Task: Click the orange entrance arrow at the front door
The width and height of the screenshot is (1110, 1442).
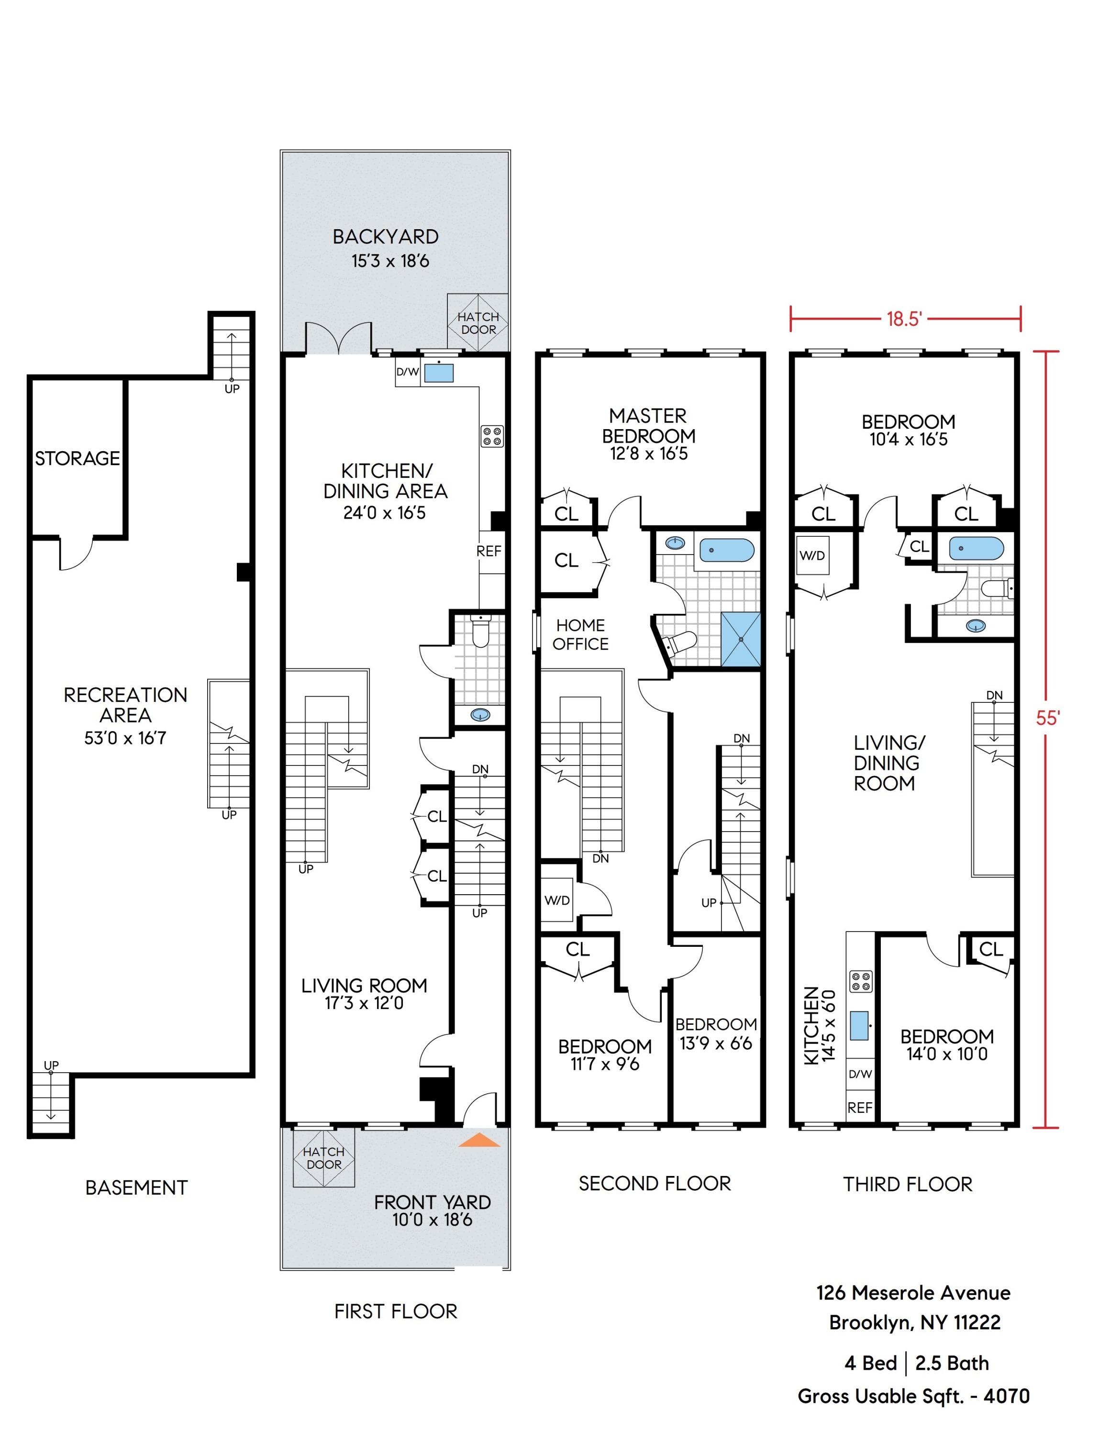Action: click(479, 1140)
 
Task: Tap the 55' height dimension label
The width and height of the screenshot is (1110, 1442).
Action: click(1047, 718)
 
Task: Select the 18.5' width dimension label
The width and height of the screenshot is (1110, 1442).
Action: click(903, 319)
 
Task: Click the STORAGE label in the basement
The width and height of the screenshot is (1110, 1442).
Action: click(77, 458)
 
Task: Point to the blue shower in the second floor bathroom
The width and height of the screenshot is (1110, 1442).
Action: click(740, 639)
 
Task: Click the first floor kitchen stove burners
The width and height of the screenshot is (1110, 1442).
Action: click(491, 436)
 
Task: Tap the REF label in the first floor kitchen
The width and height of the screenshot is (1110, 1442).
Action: click(488, 551)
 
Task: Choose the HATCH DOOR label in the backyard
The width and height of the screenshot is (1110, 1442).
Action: click(478, 323)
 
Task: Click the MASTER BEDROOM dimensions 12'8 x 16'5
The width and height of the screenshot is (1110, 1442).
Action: click(648, 454)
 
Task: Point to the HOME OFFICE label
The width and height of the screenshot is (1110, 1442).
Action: click(580, 634)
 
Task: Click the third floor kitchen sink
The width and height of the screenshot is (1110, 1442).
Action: click(858, 1025)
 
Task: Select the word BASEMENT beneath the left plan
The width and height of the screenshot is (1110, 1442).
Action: click(137, 1188)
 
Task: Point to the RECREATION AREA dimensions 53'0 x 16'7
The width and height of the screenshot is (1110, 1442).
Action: click(125, 738)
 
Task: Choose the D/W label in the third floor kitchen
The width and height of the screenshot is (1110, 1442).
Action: click(860, 1074)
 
